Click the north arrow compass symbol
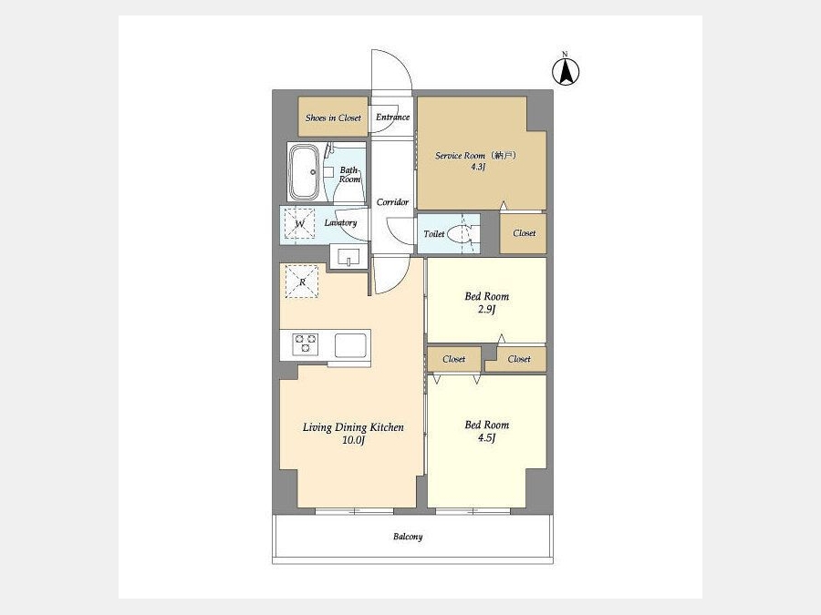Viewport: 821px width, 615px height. pos(566,71)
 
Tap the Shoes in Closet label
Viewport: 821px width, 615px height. pos(333,118)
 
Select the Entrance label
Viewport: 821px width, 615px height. pos(392,118)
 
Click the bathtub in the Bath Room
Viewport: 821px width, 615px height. pos(304,171)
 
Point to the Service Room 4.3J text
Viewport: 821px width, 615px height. pos(476,161)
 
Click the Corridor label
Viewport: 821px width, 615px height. pos(392,202)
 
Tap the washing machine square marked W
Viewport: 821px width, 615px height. pos(299,224)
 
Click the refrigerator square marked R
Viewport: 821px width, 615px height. pos(302,282)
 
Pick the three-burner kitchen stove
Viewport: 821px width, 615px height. pos(306,343)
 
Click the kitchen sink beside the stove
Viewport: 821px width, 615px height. pos(350,345)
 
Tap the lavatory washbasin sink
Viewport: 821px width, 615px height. pos(348,257)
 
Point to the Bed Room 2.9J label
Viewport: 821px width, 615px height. pos(487,302)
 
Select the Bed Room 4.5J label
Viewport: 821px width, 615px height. pos(487,431)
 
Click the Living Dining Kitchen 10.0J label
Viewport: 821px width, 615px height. pos(353,434)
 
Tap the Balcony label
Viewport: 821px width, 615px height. pos(408,537)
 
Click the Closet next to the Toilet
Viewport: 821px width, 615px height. pos(525,233)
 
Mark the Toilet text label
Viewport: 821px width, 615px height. pos(434,234)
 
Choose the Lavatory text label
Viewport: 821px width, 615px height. pos(340,223)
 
